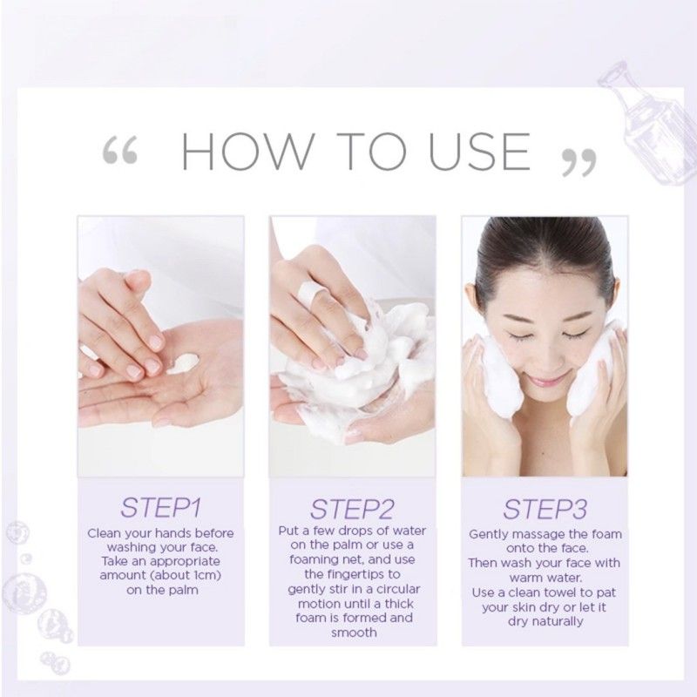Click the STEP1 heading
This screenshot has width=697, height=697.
pos(161,508)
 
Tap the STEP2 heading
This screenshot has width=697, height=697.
pos(353,508)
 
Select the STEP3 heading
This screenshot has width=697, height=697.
pos(545,508)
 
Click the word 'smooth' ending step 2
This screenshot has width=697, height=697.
pos(353,633)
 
